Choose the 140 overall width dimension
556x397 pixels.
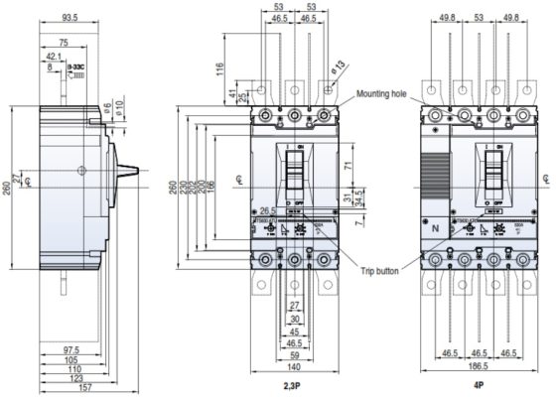(295, 365)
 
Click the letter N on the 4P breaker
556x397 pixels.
(434, 227)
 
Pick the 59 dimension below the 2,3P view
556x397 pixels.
(295, 352)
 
